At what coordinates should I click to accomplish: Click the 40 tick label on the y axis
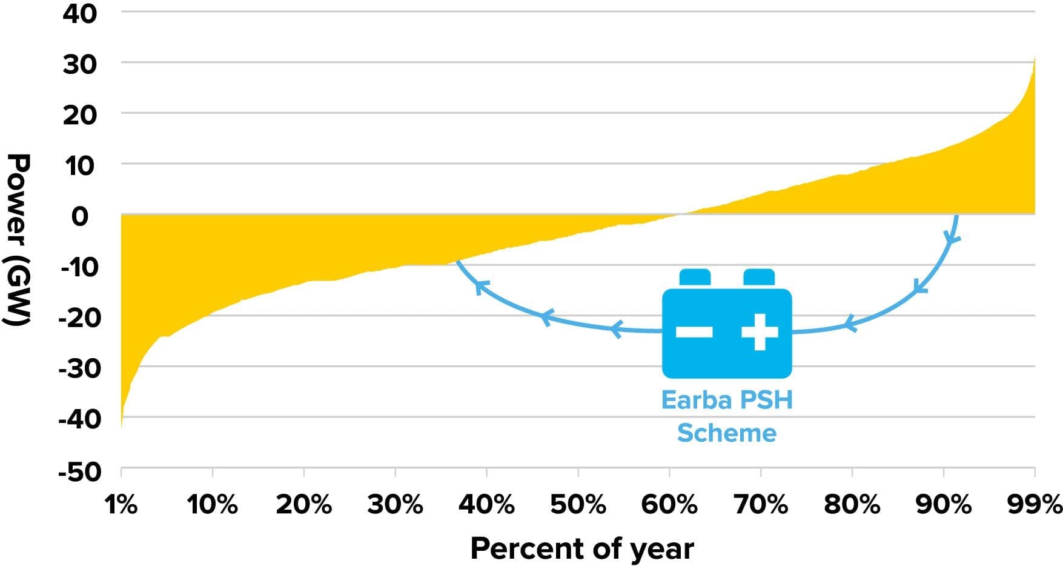coord(79,13)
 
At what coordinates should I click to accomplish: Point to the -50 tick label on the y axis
coord(79,471)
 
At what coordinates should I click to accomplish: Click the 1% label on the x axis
coord(121,504)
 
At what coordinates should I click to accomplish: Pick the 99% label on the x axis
coord(1035,504)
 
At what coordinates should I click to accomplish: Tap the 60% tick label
coord(669,504)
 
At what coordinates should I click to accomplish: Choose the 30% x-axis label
coord(395,504)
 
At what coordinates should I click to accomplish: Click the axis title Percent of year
coord(581,548)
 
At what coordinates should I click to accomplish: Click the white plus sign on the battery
coord(760,331)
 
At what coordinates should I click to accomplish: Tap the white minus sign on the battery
coord(694,331)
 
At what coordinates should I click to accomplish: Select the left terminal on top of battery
coord(695,278)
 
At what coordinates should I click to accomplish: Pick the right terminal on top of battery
coord(759,278)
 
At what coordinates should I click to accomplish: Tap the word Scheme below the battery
coord(726,433)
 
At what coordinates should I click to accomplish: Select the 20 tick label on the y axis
coord(79,115)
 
